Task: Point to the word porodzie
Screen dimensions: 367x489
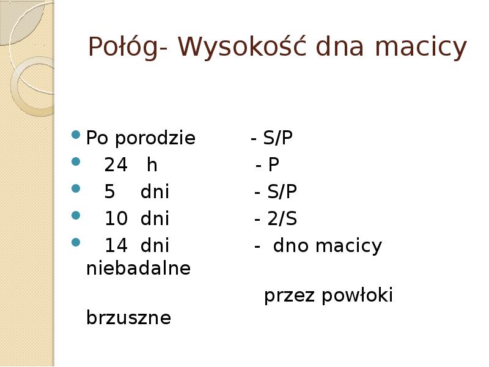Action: click(156, 139)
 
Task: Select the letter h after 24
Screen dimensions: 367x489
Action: click(152, 165)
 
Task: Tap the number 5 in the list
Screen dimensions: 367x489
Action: click(110, 192)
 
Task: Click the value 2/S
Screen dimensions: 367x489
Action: click(282, 219)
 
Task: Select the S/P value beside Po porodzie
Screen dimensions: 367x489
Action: click(278, 139)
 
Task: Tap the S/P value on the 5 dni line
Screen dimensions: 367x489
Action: click(282, 192)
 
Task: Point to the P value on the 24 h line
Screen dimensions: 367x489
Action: click(273, 165)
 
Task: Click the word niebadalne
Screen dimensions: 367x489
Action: click(139, 268)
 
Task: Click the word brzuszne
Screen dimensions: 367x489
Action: click(129, 318)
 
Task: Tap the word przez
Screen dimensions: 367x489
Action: click(287, 297)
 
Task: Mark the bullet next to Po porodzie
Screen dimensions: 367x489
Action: click(76, 135)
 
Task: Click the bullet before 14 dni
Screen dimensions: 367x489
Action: click(76, 242)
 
